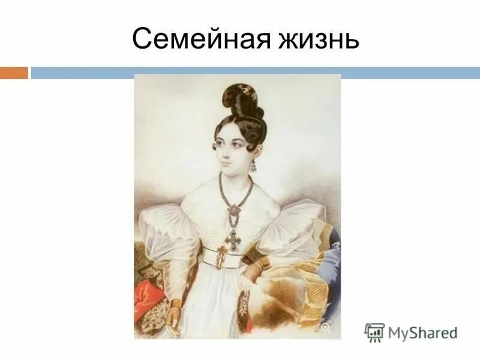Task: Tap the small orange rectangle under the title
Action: pyautogui.click(x=14, y=73)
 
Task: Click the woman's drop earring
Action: pyautogui.click(x=253, y=165)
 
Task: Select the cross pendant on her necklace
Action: pyautogui.click(x=232, y=239)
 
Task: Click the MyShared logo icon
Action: pyautogui.click(x=374, y=332)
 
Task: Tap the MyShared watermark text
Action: pyautogui.click(x=421, y=332)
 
